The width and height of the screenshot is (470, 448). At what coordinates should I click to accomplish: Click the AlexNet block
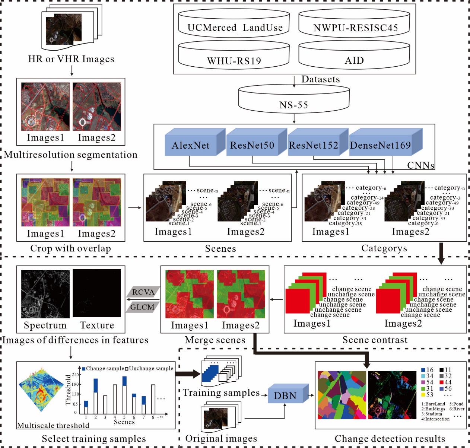pyautogui.click(x=191, y=145)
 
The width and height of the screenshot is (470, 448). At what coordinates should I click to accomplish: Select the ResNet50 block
pyautogui.click(x=252, y=145)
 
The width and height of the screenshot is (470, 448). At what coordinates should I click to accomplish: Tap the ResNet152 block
pyautogui.click(x=314, y=145)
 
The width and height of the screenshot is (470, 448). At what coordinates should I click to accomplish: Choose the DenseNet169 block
pyautogui.click(x=381, y=145)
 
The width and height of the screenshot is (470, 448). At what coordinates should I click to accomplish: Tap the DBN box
pyautogui.click(x=285, y=395)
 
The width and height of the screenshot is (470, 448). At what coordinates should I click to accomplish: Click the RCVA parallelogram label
pyautogui.click(x=143, y=292)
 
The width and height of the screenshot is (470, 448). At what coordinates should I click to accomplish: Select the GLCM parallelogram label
pyautogui.click(x=142, y=307)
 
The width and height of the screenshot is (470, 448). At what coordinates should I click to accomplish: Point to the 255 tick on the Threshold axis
pyautogui.click(x=75, y=375)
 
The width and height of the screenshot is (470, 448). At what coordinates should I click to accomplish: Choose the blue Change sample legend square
pyautogui.click(x=84, y=369)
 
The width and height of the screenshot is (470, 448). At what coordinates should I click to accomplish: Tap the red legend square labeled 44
pyautogui.click(x=442, y=382)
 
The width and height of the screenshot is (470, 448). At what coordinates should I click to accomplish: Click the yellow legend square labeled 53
pyautogui.click(x=423, y=395)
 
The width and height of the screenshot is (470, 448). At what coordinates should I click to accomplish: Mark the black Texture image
pyautogui.click(x=97, y=293)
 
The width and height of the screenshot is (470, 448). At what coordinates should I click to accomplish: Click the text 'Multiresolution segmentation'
pyautogui.click(x=71, y=155)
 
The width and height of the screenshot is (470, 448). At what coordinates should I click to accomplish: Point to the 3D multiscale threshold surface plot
pyautogui.click(x=41, y=391)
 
